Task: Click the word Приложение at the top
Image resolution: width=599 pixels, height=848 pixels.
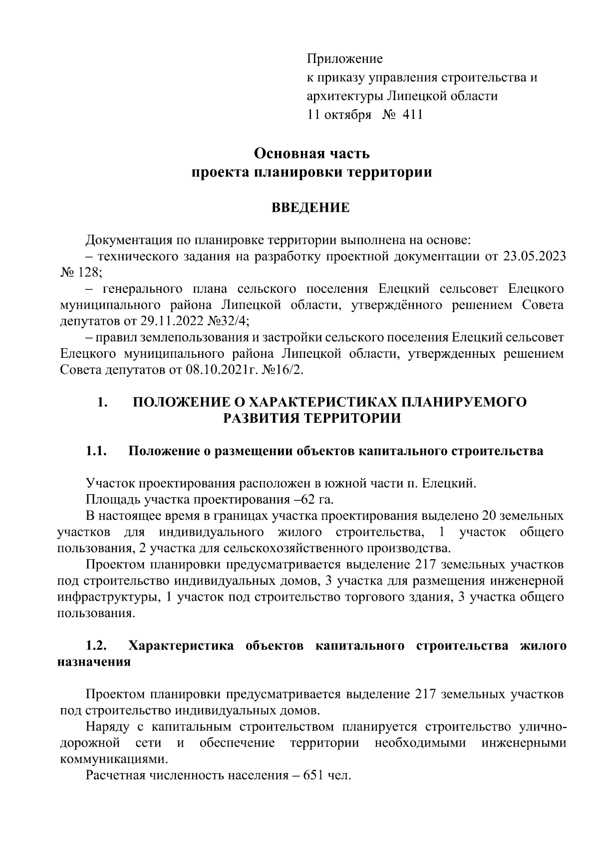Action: pyautogui.click(x=344, y=59)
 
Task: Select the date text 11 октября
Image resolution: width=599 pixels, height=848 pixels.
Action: pyautogui.click(x=339, y=115)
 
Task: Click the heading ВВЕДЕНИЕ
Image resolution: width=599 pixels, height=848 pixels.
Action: pyautogui.click(x=310, y=207)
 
